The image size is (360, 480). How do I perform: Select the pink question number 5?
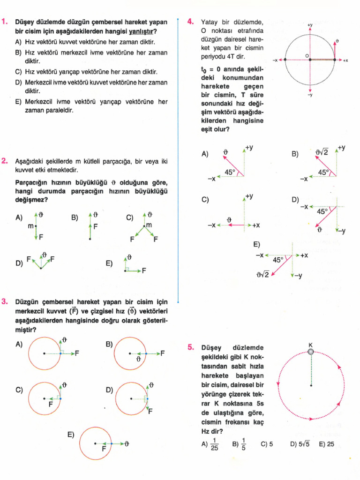(190, 347)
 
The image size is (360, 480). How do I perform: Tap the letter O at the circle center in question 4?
(307, 56)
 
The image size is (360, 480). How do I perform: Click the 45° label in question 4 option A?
(230, 172)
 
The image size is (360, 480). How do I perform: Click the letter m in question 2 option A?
(30, 226)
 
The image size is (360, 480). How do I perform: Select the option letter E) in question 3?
(71, 435)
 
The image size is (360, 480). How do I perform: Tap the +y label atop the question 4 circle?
(310, 25)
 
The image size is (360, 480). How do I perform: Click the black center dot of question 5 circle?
(311, 386)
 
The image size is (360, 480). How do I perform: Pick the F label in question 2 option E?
(144, 270)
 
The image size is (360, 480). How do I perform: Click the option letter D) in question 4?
(295, 200)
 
